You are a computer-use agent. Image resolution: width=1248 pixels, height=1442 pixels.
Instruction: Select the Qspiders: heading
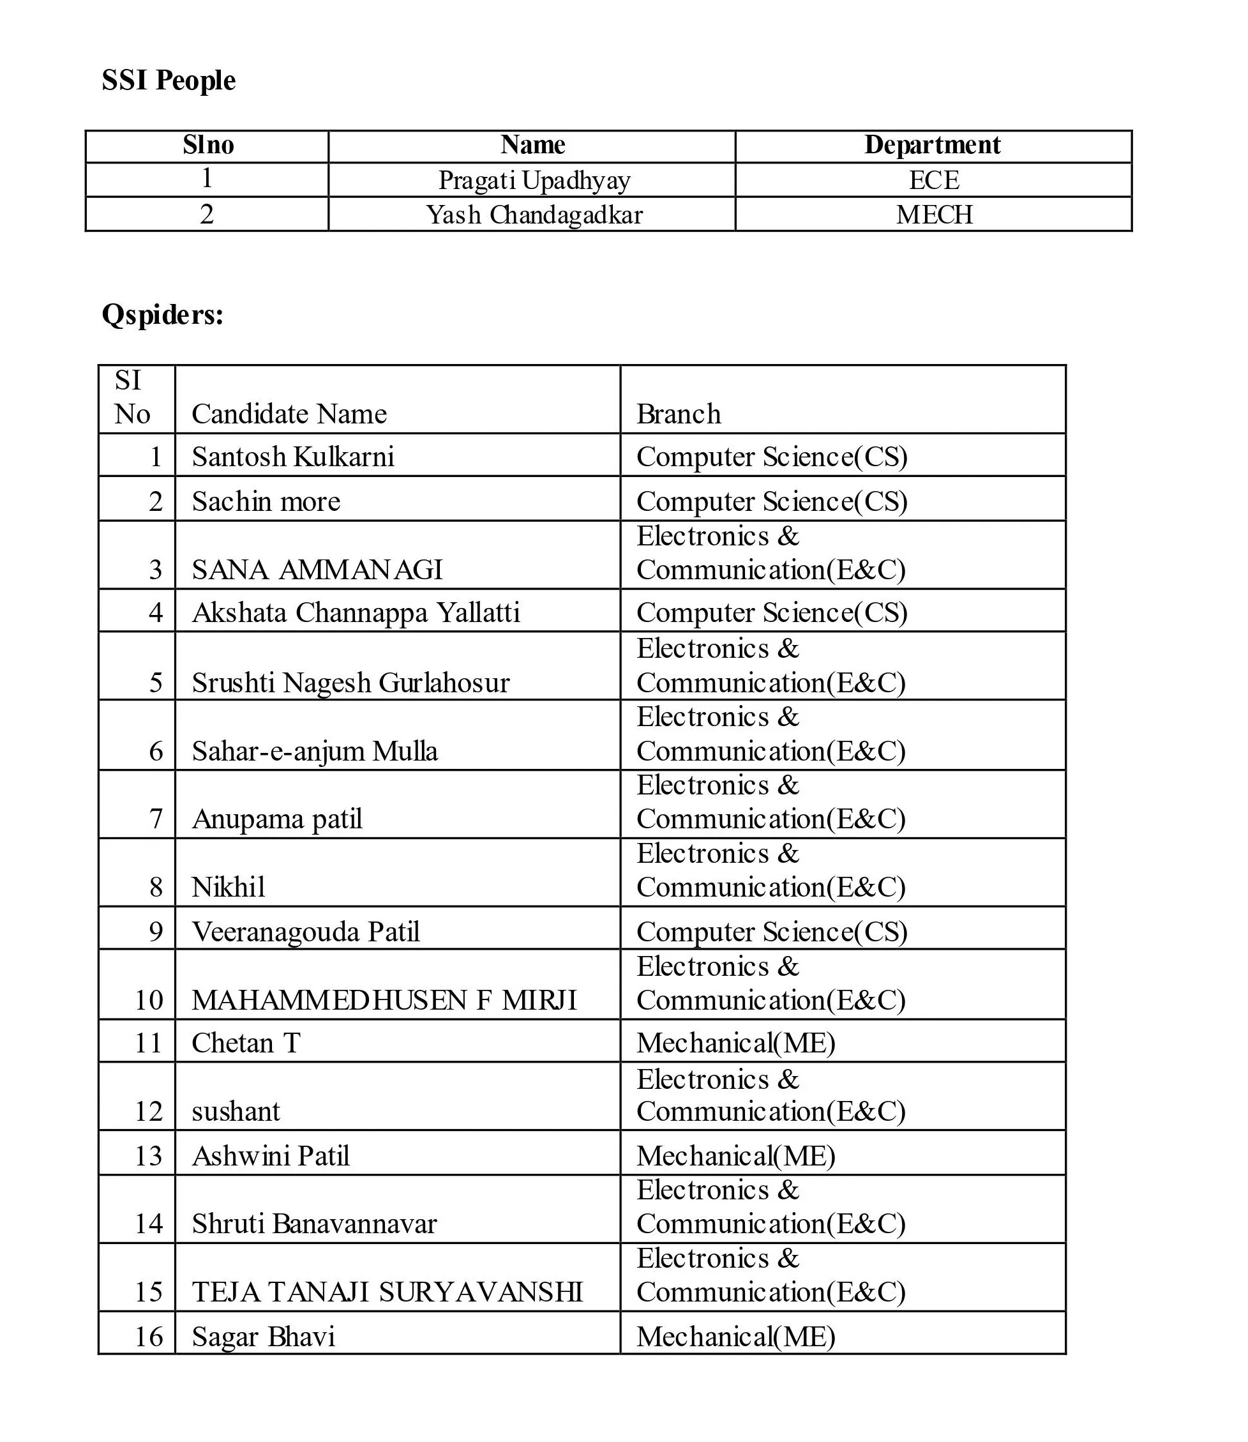click(x=162, y=315)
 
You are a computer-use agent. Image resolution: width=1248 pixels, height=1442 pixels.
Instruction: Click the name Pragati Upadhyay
click(x=534, y=181)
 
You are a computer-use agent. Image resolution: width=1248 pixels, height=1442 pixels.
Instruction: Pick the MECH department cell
click(x=934, y=215)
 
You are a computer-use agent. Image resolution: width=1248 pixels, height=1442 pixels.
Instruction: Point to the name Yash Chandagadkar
click(x=534, y=215)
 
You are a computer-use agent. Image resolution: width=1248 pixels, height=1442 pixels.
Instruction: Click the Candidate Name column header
click(x=289, y=414)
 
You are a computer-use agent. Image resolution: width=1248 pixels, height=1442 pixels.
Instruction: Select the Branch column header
click(x=679, y=414)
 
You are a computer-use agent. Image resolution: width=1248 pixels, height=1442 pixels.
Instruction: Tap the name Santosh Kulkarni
click(x=293, y=457)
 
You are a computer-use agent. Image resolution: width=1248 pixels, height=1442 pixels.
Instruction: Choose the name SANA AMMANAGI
click(x=317, y=570)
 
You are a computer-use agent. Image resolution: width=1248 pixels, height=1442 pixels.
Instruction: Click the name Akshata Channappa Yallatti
click(x=356, y=613)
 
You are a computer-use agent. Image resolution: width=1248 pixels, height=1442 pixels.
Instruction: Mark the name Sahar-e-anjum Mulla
click(x=315, y=751)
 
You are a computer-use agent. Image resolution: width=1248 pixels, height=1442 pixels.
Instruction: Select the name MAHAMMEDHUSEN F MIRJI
click(x=384, y=1000)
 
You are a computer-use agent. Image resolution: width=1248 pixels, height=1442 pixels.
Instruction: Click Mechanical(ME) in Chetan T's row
click(x=735, y=1043)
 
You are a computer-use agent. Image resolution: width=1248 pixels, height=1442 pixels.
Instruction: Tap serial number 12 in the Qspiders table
click(x=148, y=1111)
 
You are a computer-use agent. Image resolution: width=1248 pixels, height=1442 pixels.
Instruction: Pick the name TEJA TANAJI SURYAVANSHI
click(x=387, y=1292)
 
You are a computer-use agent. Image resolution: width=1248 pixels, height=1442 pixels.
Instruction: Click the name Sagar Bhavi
click(x=263, y=1337)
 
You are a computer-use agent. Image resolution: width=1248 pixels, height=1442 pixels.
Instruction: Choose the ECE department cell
click(x=934, y=181)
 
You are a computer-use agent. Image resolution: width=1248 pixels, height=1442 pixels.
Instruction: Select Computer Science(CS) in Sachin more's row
click(x=772, y=501)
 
